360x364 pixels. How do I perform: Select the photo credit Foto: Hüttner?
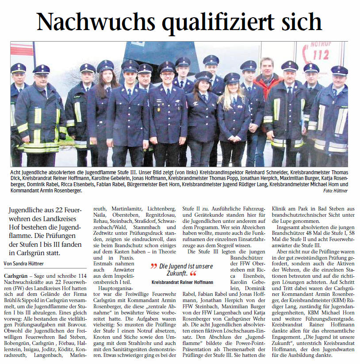point(335,191)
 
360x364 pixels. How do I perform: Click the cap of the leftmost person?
point(18,68)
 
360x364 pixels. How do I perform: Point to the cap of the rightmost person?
point(339,70)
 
